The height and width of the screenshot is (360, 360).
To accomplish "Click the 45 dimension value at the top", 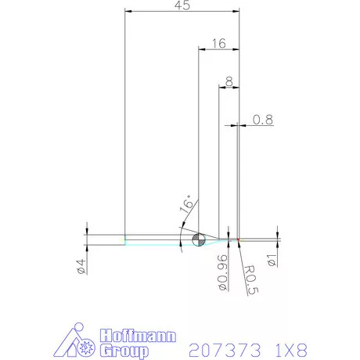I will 182,6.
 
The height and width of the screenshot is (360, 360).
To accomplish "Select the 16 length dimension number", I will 219,44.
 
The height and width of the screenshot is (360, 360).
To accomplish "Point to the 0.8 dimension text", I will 263,120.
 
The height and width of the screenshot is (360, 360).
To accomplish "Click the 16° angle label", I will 185,205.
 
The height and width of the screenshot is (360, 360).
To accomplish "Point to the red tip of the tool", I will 238,239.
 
